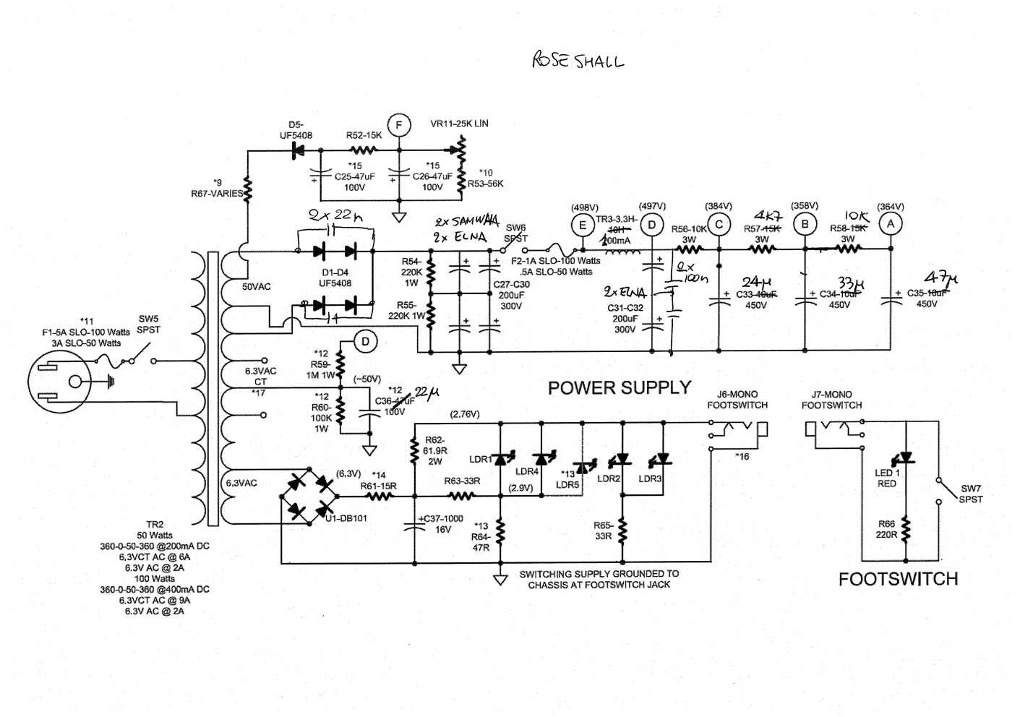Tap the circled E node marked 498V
coord(583,226)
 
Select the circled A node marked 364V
coord(890,225)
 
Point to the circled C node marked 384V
coord(719,225)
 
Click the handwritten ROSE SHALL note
coord(578,61)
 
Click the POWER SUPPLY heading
coord(620,388)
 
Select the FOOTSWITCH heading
coord(898,579)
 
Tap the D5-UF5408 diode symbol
coord(296,150)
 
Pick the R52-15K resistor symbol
coord(364,150)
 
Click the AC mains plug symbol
coord(59,381)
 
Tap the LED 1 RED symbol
coord(904,458)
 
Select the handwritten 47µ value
coord(941,278)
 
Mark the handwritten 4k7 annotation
coord(768,215)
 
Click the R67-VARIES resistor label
coord(216,194)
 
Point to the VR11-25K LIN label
coord(459,124)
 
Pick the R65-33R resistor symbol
coord(622,532)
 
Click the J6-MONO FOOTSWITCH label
coord(737,400)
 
